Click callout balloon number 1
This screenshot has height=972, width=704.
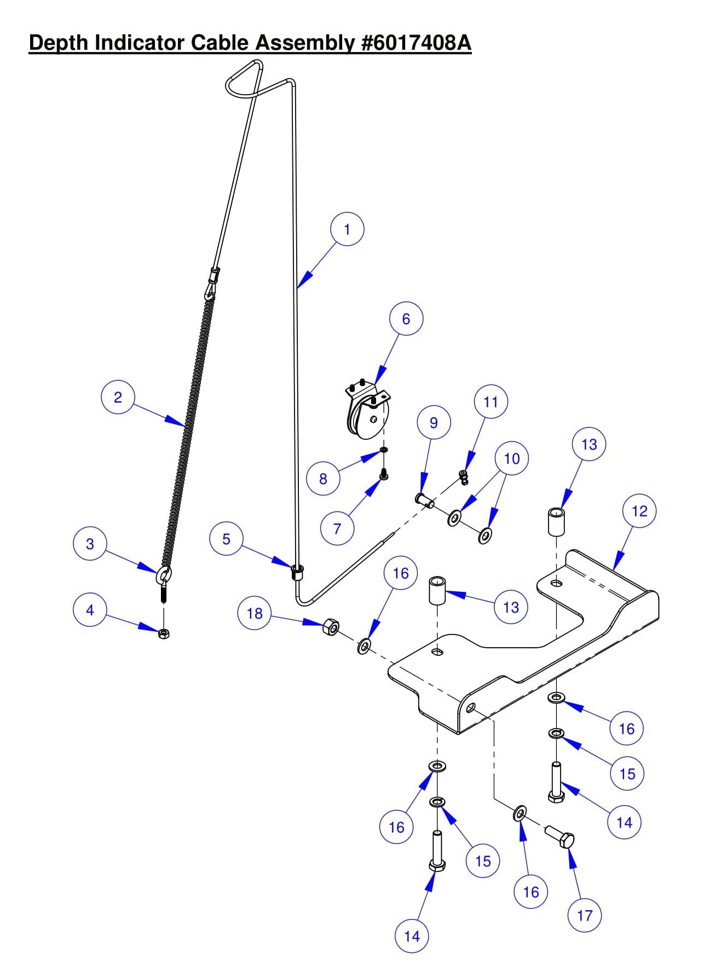pyautogui.click(x=347, y=229)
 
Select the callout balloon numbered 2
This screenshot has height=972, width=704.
pyautogui.click(x=118, y=397)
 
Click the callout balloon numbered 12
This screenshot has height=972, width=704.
pyautogui.click(x=639, y=511)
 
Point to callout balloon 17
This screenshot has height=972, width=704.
pyautogui.click(x=584, y=915)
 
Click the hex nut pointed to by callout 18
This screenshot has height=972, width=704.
pyautogui.click(x=330, y=627)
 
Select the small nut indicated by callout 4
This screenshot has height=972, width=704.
pyautogui.click(x=164, y=633)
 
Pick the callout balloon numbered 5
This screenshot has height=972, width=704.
pyautogui.click(x=226, y=539)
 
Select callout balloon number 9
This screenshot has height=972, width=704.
pyautogui.click(x=434, y=423)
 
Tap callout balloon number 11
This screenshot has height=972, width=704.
pyautogui.click(x=491, y=402)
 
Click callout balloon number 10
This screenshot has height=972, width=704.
pyautogui.click(x=511, y=458)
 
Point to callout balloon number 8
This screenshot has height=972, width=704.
pyautogui.click(x=323, y=479)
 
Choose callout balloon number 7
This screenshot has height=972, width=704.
pyautogui.click(x=337, y=528)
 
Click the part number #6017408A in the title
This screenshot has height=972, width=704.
pyautogui.click(x=416, y=43)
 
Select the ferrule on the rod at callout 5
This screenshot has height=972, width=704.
pyautogui.click(x=297, y=572)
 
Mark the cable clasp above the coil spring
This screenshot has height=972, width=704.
pyautogui.click(x=212, y=280)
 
